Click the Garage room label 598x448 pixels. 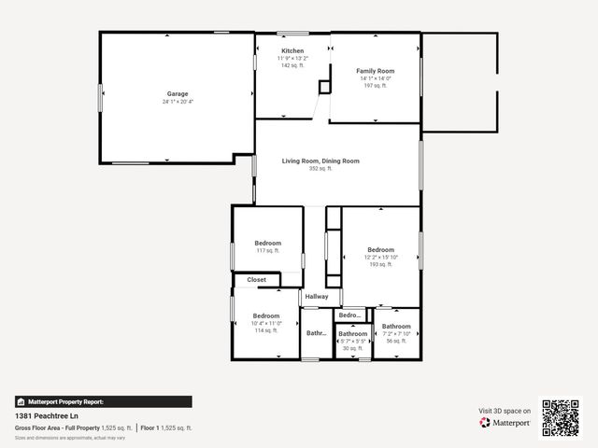[178, 93]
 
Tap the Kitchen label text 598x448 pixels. [292, 50]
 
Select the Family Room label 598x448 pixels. [376, 71]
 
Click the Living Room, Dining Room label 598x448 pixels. [320, 161]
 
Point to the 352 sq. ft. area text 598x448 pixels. [320, 169]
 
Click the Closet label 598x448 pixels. [256, 280]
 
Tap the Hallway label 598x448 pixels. [316, 297]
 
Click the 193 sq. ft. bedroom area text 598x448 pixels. [380, 264]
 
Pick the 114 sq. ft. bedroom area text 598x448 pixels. [265, 330]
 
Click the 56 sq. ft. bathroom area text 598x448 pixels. [396, 341]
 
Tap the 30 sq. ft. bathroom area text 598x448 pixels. [352, 348]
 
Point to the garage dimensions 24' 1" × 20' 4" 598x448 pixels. [178, 102]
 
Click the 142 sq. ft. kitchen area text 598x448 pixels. [292, 65]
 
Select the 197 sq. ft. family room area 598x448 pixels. [376, 86]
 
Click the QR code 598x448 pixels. [561, 418]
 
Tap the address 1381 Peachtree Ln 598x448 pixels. [45, 416]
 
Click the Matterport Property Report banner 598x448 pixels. [103, 401]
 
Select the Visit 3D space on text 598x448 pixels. [505, 411]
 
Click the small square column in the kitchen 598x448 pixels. [324, 87]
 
